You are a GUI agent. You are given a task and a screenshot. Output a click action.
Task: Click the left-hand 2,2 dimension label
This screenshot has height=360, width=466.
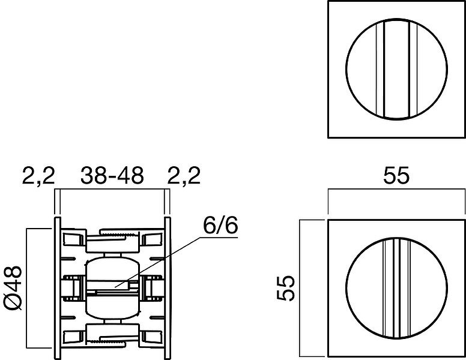pyautogui.click(x=38, y=176)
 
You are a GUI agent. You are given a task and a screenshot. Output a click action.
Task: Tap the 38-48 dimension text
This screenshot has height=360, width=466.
pyautogui.click(x=112, y=175)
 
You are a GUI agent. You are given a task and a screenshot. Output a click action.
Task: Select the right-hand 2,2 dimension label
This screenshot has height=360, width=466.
pyautogui.click(x=184, y=176)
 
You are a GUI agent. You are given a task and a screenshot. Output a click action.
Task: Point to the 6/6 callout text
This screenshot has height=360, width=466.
pyautogui.click(x=220, y=225)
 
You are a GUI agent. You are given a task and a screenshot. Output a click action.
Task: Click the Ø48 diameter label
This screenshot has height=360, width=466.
pyautogui.click(x=13, y=288)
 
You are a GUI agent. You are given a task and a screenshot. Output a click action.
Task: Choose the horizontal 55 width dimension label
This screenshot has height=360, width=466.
pyautogui.click(x=396, y=176)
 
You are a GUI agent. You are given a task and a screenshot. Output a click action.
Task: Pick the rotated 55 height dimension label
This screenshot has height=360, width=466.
pyautogui.click(x=286, y=288)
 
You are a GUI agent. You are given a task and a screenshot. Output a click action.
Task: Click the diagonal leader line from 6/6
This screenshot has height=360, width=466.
pyautogui.click(x=157, y=262)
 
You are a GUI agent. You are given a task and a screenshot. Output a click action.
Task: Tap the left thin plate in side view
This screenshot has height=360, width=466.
pyautogui.click(x=58, y=288)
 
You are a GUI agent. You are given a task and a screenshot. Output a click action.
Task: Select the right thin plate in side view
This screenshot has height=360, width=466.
pyautogui.click(x=168, y=288)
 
